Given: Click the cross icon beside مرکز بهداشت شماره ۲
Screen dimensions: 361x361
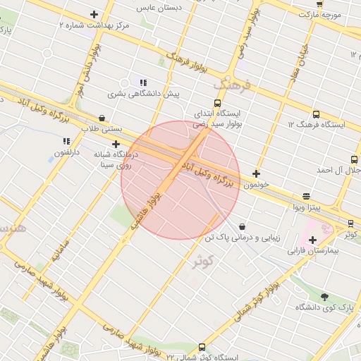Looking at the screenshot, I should pyautogui.click(x=94, y=14).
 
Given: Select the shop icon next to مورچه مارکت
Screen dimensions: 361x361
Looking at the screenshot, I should pyautogui.click(x=319, y=4).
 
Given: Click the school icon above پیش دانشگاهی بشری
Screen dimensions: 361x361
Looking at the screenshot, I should pyautogui.click(x=143, y=82).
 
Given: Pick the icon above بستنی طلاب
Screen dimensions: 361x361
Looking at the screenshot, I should pyautogui.click(x=102, y=118).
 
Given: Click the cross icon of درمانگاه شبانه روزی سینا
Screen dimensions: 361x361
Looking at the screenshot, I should pyautogui.click(x=116, y=143).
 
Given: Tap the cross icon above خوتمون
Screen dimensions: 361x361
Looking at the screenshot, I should pyautogui.click(x=256, y=173).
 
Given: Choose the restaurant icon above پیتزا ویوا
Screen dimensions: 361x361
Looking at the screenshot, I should pyautogui.click(x=306, y=197).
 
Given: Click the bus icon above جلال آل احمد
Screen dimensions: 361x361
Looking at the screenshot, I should pyautogui.click(x=354, y=159).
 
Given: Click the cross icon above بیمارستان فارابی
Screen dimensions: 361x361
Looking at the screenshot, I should pyautogui.click(x=313, y=240).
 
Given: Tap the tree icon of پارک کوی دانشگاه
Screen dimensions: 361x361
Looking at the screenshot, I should pyautogui.click(x=324, y=297).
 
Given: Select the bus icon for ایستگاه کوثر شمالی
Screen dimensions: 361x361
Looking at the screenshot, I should pyautogui.click(x=202, y=347).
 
